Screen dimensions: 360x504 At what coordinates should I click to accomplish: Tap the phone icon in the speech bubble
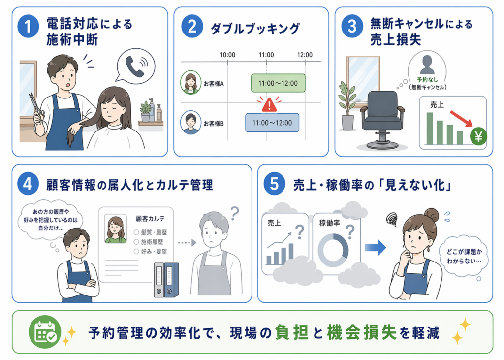pyautogui.click(x=135, y=67)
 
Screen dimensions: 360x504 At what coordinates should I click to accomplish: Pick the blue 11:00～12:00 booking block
pyautogui.click(x=272, y=123)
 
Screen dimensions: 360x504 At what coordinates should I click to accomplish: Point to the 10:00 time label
pyautogui.click(x=227, y=54)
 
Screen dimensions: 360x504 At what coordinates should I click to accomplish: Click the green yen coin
pyautogui.click(x=477, y=137)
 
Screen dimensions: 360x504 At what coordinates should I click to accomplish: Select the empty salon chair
pyautogui.click(x=382, y=118)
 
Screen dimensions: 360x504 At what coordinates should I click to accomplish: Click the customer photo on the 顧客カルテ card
pyautogui.click(x=115, y=229)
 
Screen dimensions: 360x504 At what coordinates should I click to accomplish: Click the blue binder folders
pyautogui.click(x=166, y=280)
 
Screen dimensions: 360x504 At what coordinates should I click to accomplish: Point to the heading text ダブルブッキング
pyautogui.click(x=254, y=29)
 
